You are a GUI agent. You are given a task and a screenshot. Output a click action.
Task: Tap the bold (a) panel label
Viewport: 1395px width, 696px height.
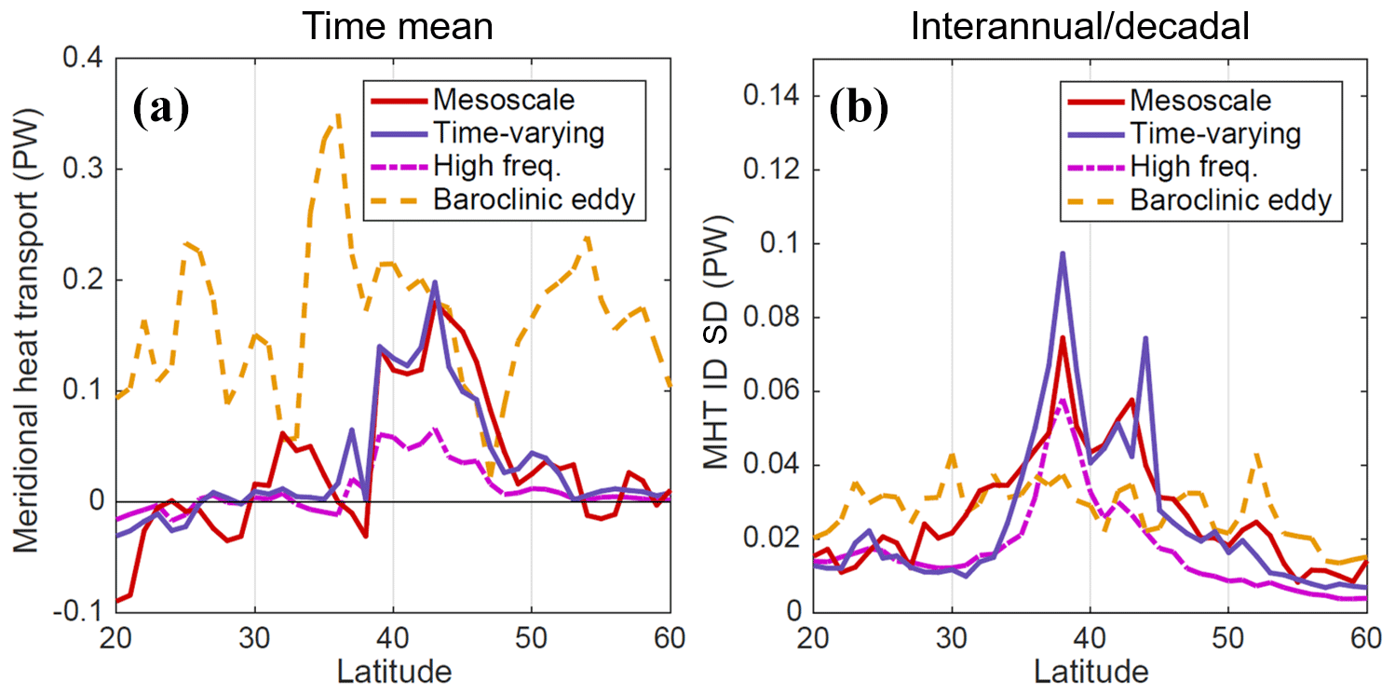[x=161, y=109]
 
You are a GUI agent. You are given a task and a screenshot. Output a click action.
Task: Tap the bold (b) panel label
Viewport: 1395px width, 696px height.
[x=859, y=109]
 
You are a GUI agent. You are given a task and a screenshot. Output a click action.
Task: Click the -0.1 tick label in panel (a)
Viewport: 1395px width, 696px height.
[x=82, y=611]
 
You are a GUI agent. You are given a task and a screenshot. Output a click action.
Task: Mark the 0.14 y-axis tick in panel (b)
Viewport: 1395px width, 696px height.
[x=775, y=96]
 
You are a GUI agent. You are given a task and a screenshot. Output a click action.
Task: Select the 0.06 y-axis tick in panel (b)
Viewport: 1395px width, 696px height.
[x=775, y=391]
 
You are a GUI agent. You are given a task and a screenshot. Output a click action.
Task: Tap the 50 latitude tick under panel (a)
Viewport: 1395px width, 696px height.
[x=531, y=638]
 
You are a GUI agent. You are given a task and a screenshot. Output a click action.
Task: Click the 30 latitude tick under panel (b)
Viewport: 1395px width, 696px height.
[x=952, y=638]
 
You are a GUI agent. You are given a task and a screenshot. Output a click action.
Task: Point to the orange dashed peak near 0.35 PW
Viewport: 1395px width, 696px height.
[x=337, y=115]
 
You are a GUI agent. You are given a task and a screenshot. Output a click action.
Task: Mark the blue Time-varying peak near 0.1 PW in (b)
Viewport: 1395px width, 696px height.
[x=1063, y=253]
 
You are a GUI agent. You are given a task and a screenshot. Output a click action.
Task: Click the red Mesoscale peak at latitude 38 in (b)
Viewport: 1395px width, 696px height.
[x=1062, y=338]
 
